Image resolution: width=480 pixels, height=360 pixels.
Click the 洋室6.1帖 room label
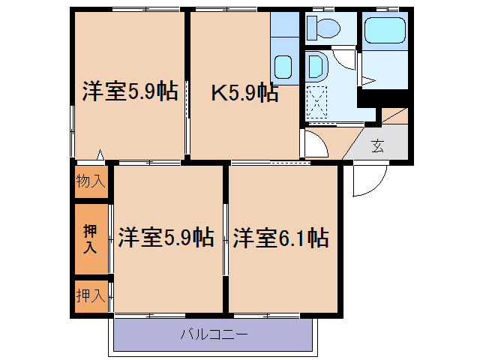click(280, 238)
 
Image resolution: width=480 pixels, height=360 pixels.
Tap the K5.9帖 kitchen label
click(244, 94)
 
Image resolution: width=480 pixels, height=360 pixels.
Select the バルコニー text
click(213, 334)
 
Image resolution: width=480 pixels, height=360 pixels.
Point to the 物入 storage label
click(91, 181)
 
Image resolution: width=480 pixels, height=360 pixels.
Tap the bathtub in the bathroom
click(383, 31)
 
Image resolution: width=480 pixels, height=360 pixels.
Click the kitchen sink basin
click(283, 67)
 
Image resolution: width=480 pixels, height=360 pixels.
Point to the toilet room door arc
click(344, 57)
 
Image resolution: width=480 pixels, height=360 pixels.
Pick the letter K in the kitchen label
click(218, 94)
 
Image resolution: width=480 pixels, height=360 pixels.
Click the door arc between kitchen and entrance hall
click(315, 145)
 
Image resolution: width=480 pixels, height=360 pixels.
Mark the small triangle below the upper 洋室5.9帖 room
click(100, 157)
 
